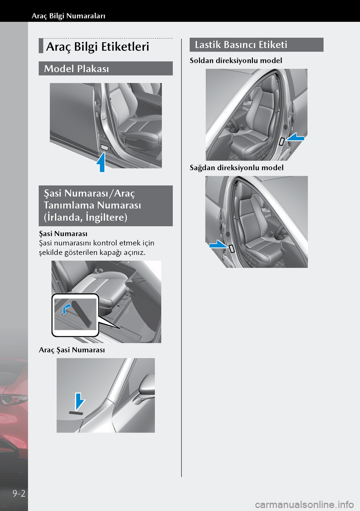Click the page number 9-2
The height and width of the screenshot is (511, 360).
coord(19,494)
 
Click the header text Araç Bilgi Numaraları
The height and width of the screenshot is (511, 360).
coord(68,16)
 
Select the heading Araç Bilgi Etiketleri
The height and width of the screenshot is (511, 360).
coord(97,47)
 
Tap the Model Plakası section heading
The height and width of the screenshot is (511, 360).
coord(76,69)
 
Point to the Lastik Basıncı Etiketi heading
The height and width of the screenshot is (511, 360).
coord(241,45)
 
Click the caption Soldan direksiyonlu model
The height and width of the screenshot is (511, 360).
coord(236,60)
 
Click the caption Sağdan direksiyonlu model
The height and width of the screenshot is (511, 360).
coord(236,168)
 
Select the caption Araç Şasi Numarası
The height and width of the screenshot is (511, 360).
coord(72,350)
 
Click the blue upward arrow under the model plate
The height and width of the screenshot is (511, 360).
coord(101,162)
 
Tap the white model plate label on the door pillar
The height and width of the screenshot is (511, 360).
coord(105,148)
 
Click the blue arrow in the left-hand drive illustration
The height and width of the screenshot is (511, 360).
coord(295,137)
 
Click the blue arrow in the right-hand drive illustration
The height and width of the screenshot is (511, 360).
coord(218,244)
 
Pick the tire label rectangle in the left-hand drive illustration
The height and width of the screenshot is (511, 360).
coord(282,141)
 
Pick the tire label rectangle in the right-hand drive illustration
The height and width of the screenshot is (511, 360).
coord(232,248)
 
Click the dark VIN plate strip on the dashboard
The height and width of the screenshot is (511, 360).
coord(76,413)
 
